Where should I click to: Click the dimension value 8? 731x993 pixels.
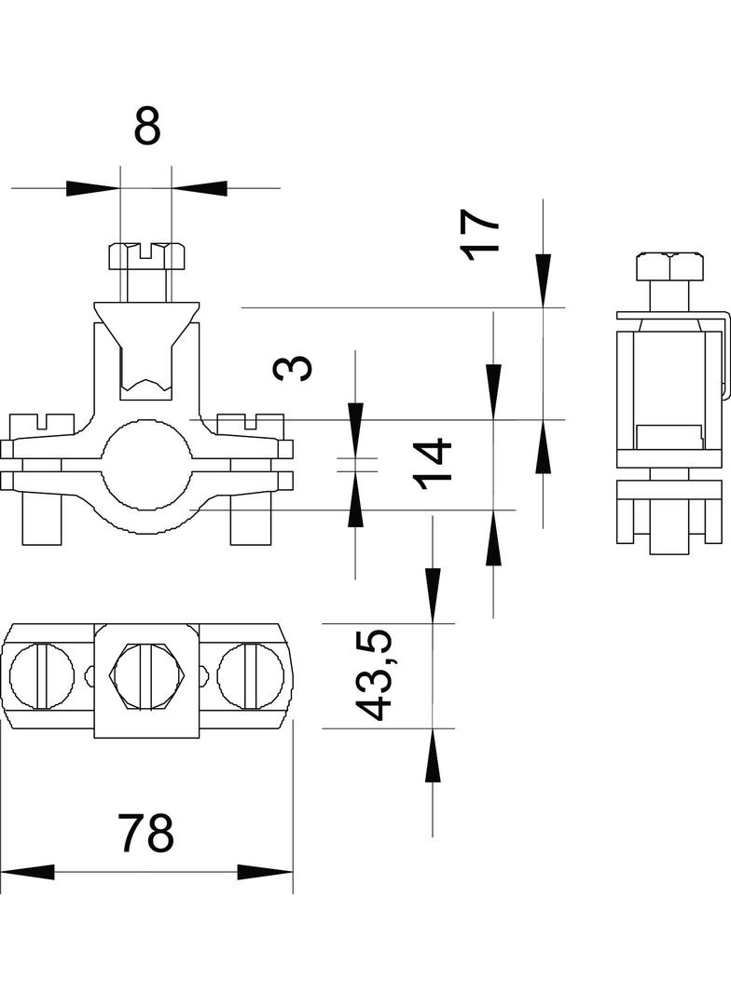tap(147, 126)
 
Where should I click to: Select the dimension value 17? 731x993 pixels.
tap(480, 233)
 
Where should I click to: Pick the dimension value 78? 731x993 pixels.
tap(146, 833)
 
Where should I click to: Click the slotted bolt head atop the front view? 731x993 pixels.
tap(146, 254)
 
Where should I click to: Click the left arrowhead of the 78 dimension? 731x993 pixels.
tap(28, 872)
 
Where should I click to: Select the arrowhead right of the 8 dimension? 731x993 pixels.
tap(200, 188)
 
